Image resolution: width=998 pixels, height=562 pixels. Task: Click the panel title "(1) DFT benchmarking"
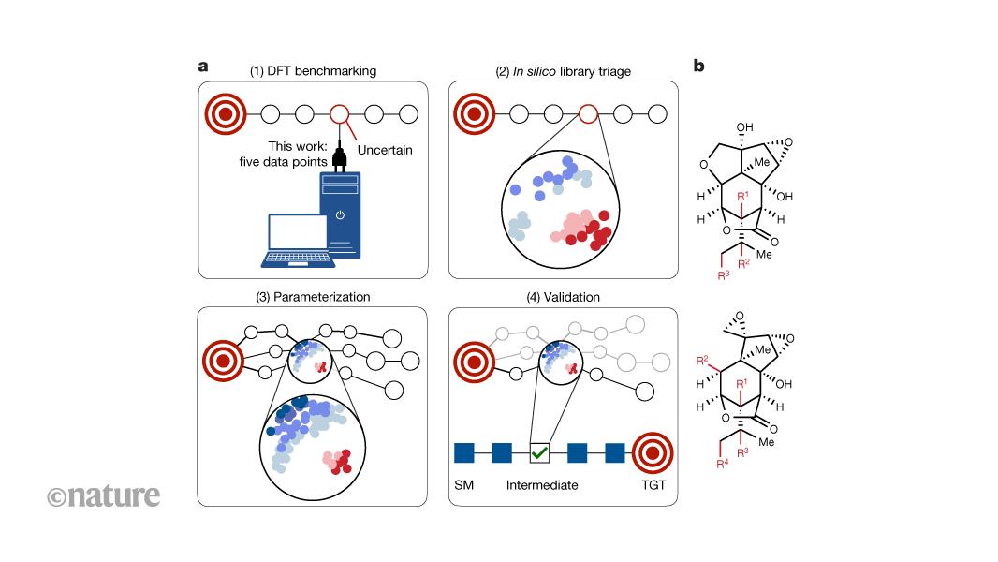point(314,71)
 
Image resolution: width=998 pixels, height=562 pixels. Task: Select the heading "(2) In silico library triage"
point(563,71)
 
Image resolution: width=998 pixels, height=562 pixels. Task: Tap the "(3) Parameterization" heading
point(313,297)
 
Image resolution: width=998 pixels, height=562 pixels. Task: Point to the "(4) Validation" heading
point(563,297)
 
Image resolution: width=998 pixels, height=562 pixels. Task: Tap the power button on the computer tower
point(340,215)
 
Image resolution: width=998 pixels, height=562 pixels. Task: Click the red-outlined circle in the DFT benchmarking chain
point(340,115)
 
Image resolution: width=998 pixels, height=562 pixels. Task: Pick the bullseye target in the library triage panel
point(475,115)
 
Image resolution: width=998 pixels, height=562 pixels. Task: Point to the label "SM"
point(465,485)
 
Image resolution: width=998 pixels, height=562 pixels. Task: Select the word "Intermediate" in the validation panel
point(542,485)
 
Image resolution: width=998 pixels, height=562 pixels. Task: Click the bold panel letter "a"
point(202,67)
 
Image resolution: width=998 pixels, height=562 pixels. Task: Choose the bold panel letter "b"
point(698,67)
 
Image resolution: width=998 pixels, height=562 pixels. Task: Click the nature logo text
point(104,495)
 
